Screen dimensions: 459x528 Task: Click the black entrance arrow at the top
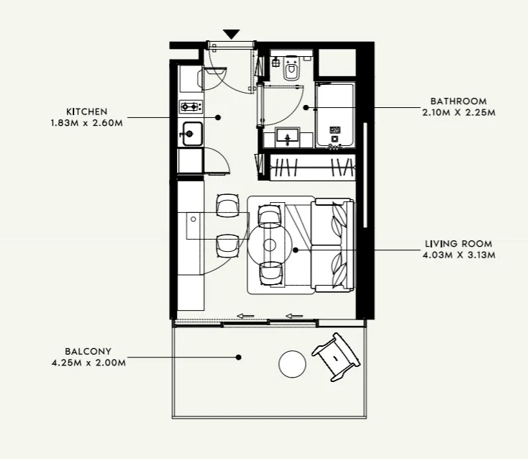coord(231,34)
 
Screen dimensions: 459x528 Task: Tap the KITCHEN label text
coord(86,112)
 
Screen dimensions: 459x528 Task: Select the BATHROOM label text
coord(458,101)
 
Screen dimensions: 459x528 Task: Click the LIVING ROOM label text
coord(458,244)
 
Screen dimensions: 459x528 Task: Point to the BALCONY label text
coord(88,352)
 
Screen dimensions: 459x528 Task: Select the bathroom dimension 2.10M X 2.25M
coord(459,112)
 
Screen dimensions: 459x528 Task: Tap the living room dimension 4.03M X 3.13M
coord(459,255)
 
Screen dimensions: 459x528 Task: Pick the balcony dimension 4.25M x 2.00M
coord(88,363)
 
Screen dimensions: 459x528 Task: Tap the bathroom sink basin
coord(289,136)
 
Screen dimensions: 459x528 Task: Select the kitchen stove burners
coord(191,107)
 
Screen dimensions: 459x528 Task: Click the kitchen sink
coord(191,133)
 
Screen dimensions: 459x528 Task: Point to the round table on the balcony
coord(293,364)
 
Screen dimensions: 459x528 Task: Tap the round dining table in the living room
coord(269,245)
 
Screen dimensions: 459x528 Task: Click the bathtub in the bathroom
coord(334,115)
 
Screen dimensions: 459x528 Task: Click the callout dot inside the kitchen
coord(218,117)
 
